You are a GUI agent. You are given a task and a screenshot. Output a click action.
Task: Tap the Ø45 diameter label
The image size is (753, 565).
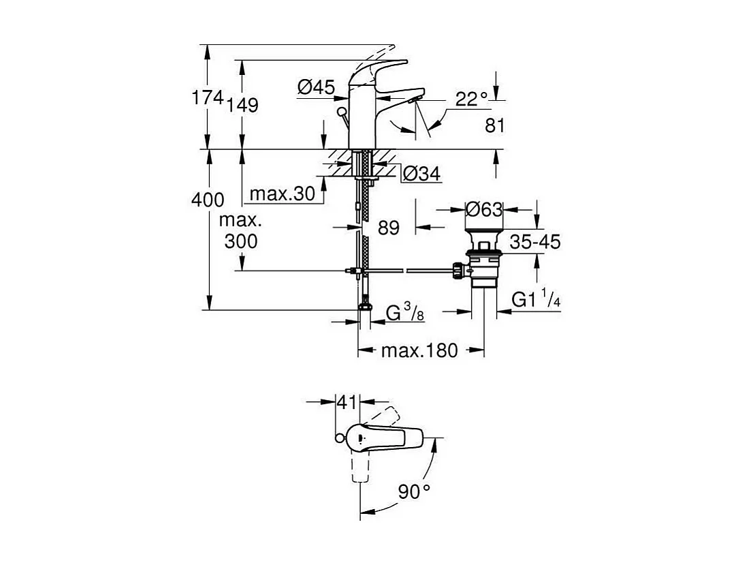[x=316, y=87]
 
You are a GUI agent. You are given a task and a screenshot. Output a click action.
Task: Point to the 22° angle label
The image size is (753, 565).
[x=472, y=100]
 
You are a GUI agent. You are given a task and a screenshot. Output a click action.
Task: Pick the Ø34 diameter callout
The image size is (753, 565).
[x=421, y=174]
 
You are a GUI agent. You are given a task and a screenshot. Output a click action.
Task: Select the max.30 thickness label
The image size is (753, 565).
[x=282, y=194]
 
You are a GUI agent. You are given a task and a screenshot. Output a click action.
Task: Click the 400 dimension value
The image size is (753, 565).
[x=208, y=200]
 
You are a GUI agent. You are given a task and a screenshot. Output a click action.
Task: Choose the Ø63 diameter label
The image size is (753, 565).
[x=483, y=209]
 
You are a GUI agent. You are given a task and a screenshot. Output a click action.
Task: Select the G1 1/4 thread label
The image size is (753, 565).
[x=536, y=299]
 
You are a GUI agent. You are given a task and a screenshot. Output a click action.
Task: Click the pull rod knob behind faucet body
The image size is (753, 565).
[x=342, y=112]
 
